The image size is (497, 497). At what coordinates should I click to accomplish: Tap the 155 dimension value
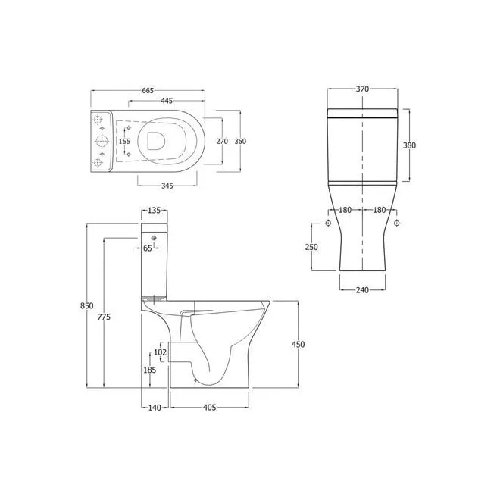click(x=125, y=141)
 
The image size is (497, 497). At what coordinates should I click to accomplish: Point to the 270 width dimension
click(x=222, y=141)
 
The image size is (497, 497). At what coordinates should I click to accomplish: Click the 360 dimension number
click(x=240, y=141)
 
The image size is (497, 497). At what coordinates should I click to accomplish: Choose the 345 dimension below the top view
click(x=167, y=186)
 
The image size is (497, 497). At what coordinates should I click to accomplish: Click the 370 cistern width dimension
click(x=362, y=89)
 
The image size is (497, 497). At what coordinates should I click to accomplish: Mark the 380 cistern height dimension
click(x=408, y=145)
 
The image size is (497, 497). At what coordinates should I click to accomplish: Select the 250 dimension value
click(x=311, y=247)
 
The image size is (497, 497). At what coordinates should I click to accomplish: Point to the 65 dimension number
click(x=148, y=247)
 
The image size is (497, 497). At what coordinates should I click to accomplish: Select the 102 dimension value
click(x=160, y=352)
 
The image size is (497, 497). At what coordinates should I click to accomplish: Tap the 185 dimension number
click(x=149, y=370)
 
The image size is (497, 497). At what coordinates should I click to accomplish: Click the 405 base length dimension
click(x=210, y=408)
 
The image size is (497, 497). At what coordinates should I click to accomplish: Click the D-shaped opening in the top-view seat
click(x=157, y=141)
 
